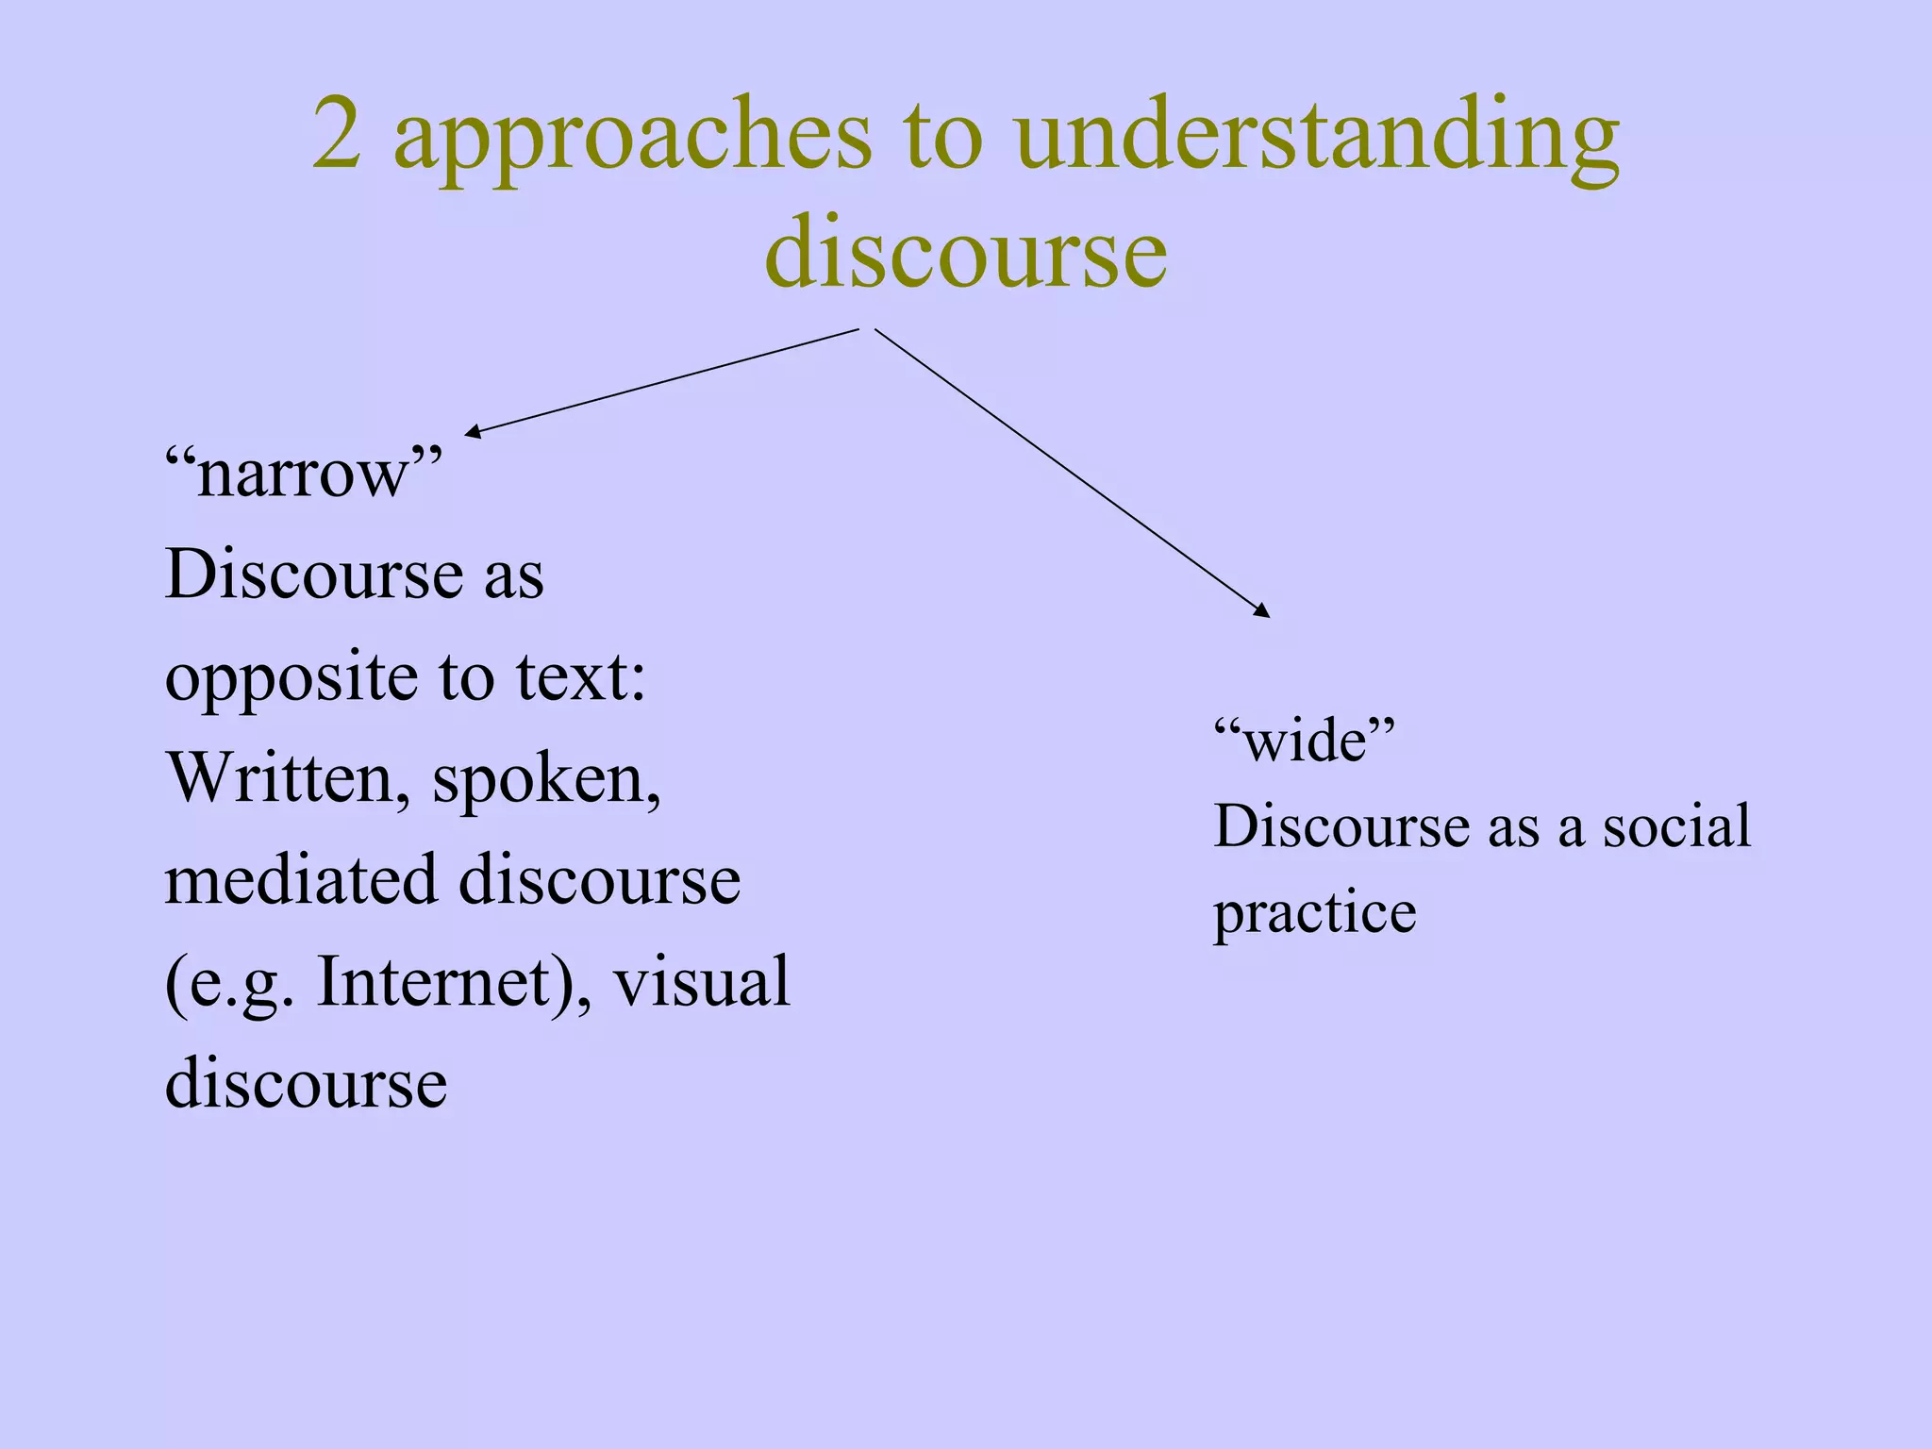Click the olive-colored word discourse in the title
point(966,253)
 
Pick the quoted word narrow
point(303,473)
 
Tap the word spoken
point(545,781)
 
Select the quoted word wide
point(1304,741)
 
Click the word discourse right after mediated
point(600,879)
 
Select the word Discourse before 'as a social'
point(1341,826)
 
